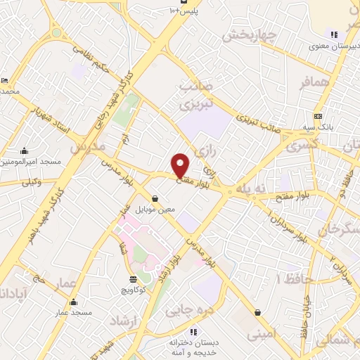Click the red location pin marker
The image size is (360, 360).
pyautogui.click(x=181, y=165)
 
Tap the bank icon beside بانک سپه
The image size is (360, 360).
pyautogui.click(x=319, y=116)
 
